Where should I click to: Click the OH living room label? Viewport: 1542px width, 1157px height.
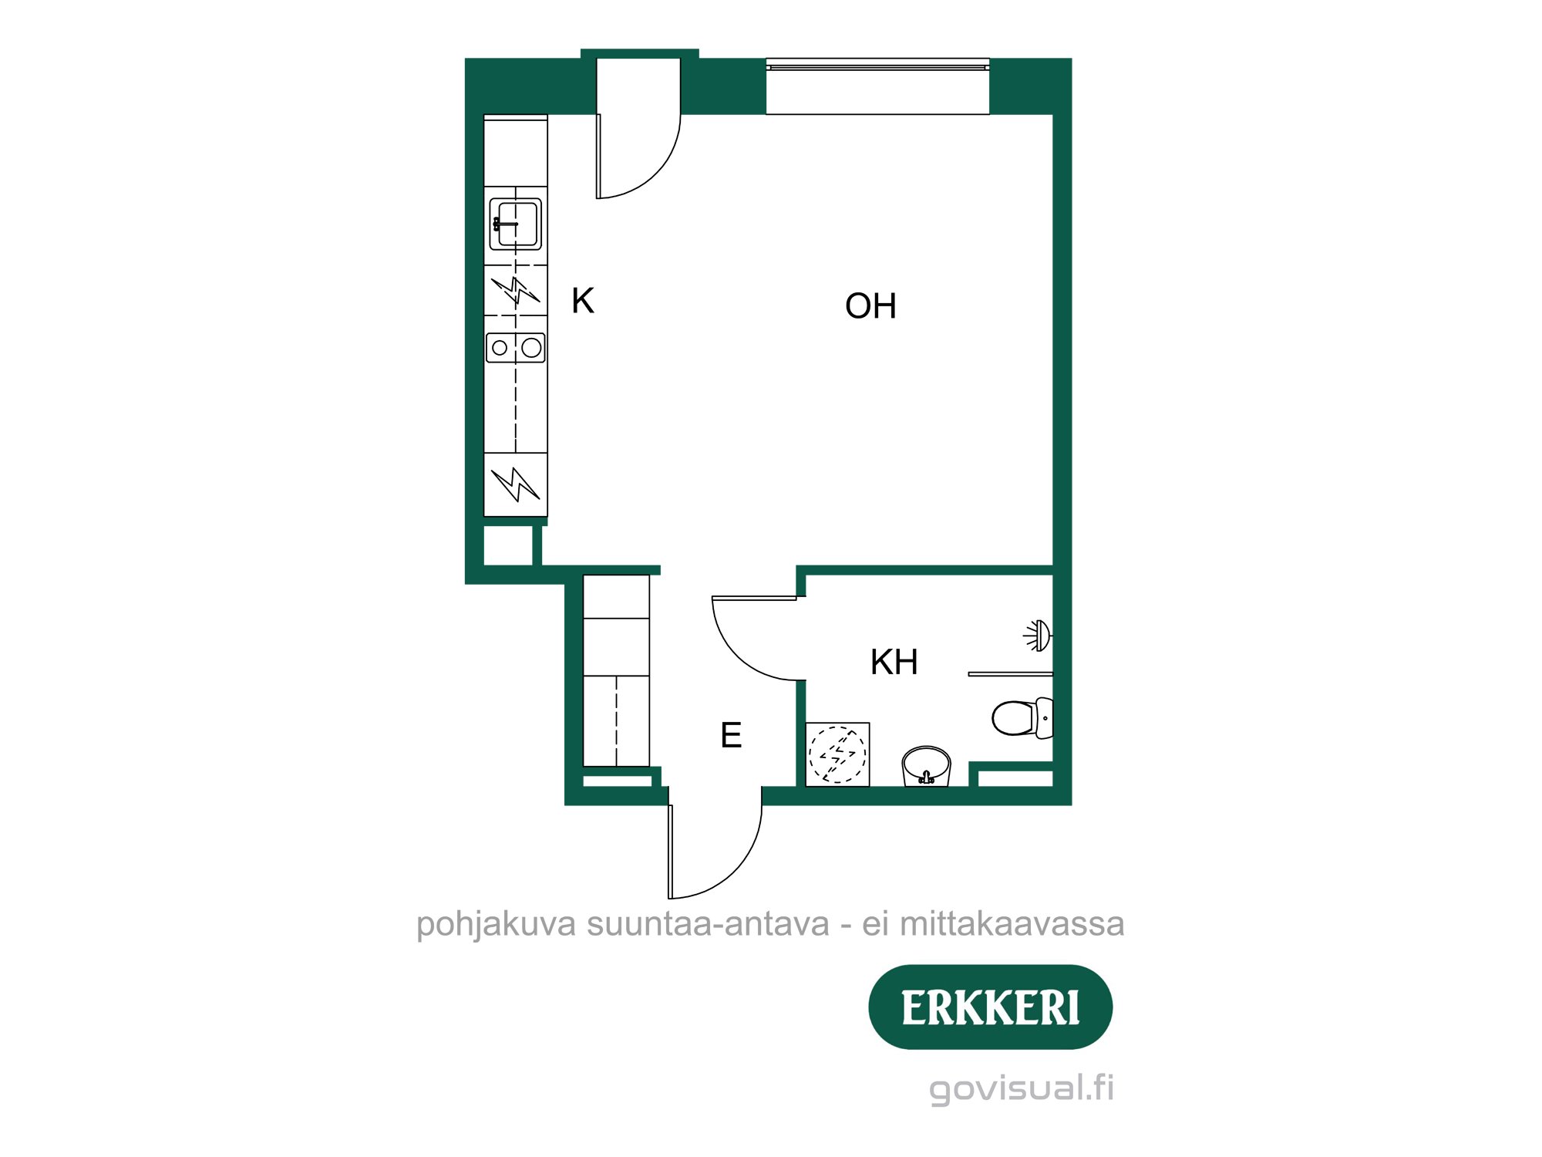pyautogui.click(x=870, y=306)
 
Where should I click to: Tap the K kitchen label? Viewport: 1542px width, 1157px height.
pyautogui.click(x=583, y=301)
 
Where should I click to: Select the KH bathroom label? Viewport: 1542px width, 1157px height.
pyautogui.click(x=894, y=662)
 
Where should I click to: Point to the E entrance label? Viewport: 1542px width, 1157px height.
pyautogui.click(x=731, y=735)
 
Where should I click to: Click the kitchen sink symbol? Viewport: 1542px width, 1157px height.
pyautogui.click(x=516, y=224)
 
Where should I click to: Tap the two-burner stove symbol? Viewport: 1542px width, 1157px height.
pyautogui.click(x=516, y=348)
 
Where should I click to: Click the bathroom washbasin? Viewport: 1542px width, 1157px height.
pyautogui.click(x=926, y=765)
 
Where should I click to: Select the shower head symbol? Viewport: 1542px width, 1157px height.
pyautogui.click(x=1038, y=636)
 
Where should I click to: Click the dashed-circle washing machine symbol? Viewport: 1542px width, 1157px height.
pyautogui.click(x=837, y=754)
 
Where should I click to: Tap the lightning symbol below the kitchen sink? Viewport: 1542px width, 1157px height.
pyautogui.click(x=516, y=291)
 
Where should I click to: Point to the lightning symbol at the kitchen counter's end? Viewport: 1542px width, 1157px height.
pyautogui.click(x=516, y=484)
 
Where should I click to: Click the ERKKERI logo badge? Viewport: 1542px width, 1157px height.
pyautogui.click(x=990, y=1007)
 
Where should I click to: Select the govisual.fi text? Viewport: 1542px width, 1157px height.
pyautogui.click(x=1022, y=1088)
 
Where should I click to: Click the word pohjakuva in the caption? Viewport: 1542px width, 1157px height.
pyautogui.click(x=496, y=924)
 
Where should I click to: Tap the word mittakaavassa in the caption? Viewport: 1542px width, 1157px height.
pyautogui.click(x=1012, y=924)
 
